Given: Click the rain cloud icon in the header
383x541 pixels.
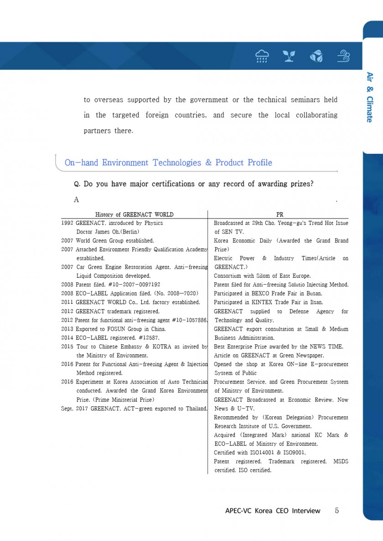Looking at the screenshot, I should click(x=262, y=56).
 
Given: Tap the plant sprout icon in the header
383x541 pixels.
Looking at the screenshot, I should click(x=289, y=56).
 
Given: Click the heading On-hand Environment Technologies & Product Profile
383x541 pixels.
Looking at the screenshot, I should click(x=168, y=163).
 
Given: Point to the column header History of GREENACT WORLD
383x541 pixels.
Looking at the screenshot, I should click(x=134, y=214).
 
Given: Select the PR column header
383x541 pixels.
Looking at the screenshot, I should click(x=280, y=214).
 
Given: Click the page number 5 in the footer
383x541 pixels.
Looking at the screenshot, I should click(x=336, y=510).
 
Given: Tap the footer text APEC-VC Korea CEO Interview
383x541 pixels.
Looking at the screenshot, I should click(x=273, y=510).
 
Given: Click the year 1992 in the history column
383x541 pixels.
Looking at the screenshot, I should click(x=67, y=223).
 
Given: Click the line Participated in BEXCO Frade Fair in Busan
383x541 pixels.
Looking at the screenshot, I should click(x=268, y=294).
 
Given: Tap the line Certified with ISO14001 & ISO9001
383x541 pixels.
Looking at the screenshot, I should click(x=260, y=453).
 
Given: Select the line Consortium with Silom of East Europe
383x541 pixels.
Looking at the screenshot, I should click(x=262, y=276).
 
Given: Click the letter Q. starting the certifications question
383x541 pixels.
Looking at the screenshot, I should click(x=77, y=184).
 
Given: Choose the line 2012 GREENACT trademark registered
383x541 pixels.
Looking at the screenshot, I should click(x=110, y=311).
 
